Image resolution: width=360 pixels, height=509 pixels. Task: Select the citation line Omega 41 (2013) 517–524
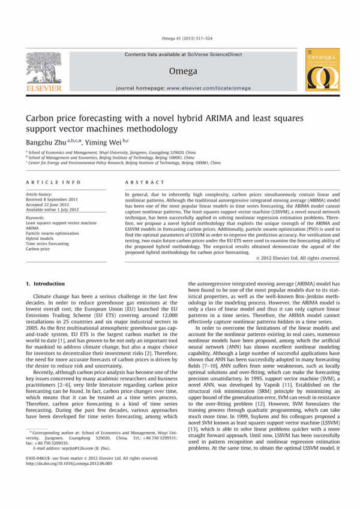[180, 38]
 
